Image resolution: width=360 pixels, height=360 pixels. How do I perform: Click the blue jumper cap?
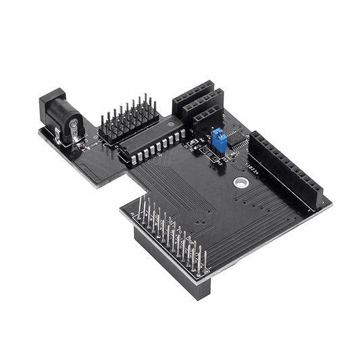coord(219,140)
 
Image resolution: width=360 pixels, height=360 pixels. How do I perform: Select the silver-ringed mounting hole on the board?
coord(240,182)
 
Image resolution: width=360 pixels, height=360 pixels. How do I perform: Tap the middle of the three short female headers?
coord(203,105)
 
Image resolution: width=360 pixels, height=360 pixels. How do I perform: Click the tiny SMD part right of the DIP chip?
coord(192,143)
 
